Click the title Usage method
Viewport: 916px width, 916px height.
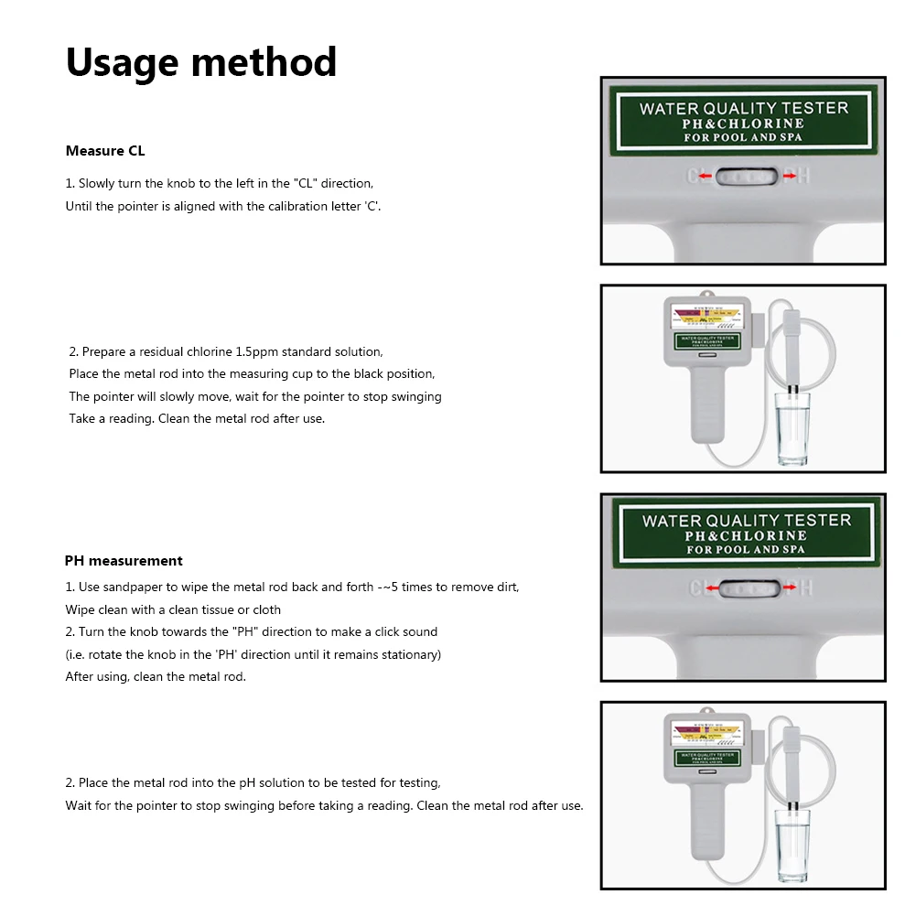coord(201,63)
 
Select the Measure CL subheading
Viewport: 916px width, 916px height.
coord(105,151)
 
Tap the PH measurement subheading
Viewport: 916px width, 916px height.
coord(124,561)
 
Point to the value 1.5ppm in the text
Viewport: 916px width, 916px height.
coord(258,351)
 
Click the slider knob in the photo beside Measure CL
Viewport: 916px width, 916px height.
coord(743,176)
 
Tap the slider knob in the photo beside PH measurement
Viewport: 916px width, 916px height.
coord(743,587)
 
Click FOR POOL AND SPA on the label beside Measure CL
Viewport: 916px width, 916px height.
coord(743,138)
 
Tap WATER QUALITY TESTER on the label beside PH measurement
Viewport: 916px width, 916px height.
coord(746,520)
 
